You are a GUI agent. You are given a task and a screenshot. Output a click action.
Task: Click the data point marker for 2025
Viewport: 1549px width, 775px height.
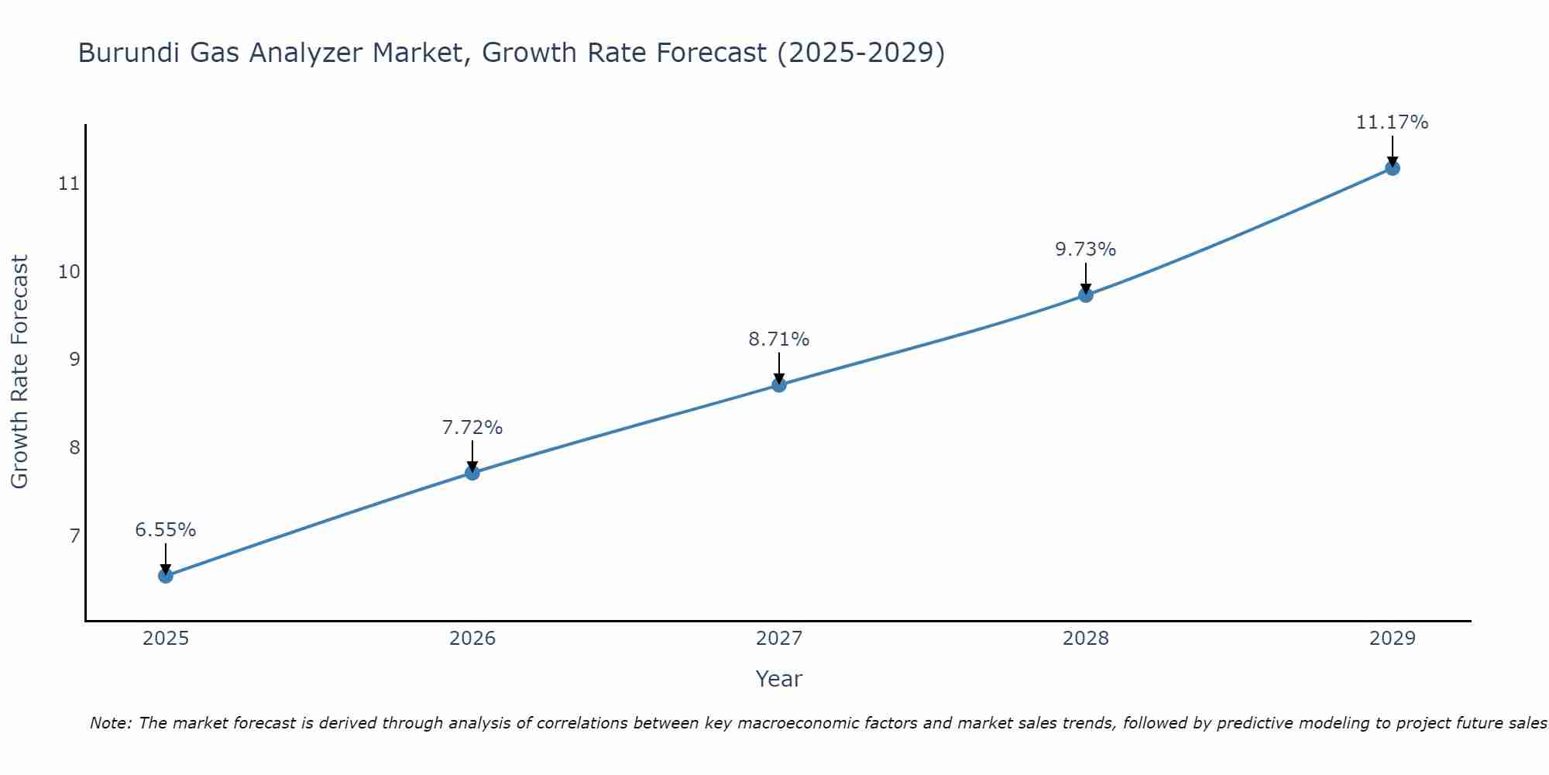click(x=166, y=576)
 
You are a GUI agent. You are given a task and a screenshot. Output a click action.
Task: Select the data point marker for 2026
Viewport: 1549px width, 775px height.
click(x=472, y=473)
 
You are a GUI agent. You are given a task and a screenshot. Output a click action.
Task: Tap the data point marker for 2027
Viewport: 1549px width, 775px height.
click(x=779, y=385)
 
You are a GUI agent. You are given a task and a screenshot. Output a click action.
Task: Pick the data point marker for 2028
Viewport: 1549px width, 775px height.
click(x=1086, y=295)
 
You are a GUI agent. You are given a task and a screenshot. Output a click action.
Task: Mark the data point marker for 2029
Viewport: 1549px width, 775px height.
click(x=1392, y=168)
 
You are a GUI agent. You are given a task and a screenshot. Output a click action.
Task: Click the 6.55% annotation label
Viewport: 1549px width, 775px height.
click(x=166, y=530)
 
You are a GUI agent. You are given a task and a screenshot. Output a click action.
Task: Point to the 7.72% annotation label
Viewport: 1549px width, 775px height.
click(x=472, y=428)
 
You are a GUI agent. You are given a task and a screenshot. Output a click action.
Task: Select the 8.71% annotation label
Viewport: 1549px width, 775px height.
click(x=779, y=339)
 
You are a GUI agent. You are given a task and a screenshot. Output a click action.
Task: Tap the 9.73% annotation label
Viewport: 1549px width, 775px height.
click(x=1086, y=250)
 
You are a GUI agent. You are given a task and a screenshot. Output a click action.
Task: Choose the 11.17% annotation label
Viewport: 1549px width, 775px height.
click(x=1392, y=122)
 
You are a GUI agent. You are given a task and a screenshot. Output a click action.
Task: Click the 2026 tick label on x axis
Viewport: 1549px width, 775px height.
click(x=472, y=639)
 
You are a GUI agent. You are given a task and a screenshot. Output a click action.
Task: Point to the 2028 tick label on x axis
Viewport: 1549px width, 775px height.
click(x=1086, y=639)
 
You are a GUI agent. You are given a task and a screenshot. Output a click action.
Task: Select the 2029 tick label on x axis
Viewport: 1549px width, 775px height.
click(x=1392, y=639)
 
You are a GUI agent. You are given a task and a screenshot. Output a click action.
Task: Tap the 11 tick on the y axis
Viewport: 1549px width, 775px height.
click(x=69, y=184)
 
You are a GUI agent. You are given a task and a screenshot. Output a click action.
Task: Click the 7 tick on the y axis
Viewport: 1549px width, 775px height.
click(x=74, y=536)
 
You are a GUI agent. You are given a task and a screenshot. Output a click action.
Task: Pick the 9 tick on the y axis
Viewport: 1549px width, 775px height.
click(x=74, y=360)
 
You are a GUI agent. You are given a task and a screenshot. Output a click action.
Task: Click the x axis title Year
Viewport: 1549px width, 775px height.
click(x=778, y=679)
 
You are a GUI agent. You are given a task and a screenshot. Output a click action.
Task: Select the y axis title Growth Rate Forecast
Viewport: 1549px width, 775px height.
click(x=19, y=372)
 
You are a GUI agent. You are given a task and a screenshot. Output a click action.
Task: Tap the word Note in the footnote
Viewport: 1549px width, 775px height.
click(x=109, y=723)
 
